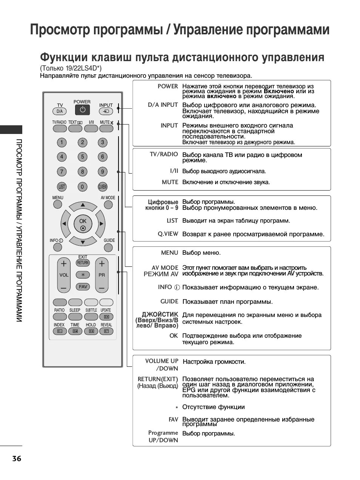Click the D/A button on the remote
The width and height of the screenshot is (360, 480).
point(60,111)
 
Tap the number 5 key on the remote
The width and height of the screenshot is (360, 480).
point(82,157)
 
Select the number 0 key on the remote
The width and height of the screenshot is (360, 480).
point(82,186)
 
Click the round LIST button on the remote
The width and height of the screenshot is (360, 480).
point(62,186)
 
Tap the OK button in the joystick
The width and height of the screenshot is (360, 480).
point(83,225)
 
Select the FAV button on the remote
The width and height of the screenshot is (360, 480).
point(83,287)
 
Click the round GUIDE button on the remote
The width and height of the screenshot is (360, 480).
point(108,248)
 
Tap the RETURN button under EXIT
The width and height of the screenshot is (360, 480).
point(83,263)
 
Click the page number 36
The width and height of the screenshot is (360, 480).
point(17,459)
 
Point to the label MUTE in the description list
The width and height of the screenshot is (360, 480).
point(170,182)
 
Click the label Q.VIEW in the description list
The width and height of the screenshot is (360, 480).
point(168,234)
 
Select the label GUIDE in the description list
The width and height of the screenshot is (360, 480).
point(169,302)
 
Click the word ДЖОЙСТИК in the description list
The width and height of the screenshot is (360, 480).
point(160,314)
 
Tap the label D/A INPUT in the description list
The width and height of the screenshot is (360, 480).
point(163,105)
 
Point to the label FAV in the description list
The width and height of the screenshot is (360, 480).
point(173,419)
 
